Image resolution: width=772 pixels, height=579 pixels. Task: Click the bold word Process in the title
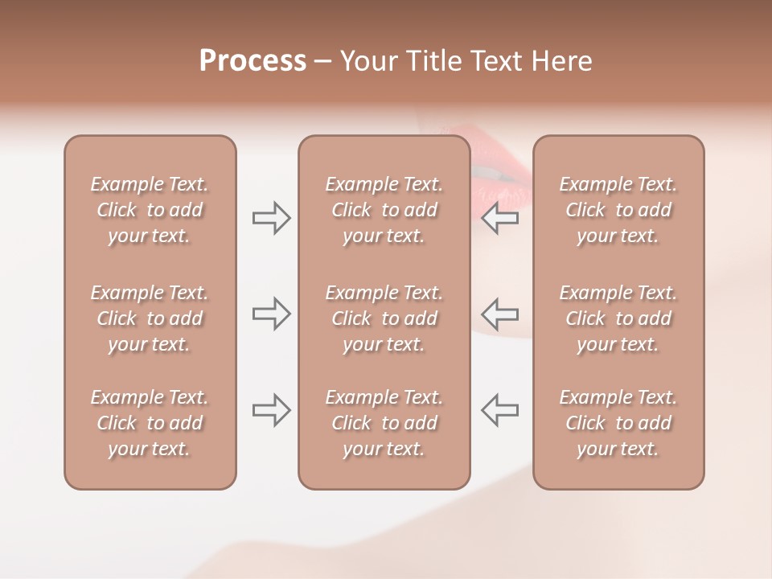coord(253,61)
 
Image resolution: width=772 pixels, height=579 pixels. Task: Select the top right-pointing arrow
coord(271,217)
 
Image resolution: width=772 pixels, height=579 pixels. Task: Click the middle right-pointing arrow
coord(271,314)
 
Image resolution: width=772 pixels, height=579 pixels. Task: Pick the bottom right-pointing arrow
coord(271,410)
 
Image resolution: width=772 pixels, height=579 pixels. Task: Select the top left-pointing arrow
coord(500,217)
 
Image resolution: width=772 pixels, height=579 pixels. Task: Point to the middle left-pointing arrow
coord(500,314)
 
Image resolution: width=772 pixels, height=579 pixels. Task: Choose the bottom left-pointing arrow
coord(500,410)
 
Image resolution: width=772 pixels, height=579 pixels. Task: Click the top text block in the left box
coord(150,210)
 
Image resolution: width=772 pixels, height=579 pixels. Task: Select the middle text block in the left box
coord(150,318)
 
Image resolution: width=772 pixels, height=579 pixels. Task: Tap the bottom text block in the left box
coord(150,423)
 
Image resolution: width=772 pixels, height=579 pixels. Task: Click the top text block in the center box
coord(384,210)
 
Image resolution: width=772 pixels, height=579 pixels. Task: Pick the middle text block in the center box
coord(384,318)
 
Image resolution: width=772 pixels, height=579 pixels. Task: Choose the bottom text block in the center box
coord(384,423)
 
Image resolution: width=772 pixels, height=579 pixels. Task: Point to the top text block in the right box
coord(618,210)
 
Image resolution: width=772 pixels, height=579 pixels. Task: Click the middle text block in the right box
coord(618,318)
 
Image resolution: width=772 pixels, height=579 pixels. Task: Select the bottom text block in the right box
coord(618,423)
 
